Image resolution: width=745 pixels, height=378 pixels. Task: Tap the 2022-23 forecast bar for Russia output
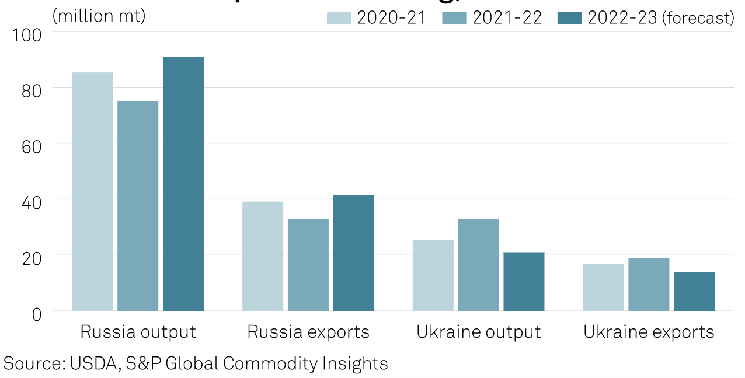183,184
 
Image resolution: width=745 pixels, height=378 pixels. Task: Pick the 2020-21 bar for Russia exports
263,256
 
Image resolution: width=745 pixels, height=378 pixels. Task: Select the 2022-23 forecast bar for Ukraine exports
694,291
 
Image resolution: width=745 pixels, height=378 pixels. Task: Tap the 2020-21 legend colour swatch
339,18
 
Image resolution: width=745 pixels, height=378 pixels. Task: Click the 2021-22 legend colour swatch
454,18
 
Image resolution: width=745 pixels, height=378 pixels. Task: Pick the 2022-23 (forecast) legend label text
661,18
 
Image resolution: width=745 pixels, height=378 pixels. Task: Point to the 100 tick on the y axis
27,35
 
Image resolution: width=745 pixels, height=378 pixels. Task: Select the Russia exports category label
308,332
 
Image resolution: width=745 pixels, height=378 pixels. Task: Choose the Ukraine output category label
479,332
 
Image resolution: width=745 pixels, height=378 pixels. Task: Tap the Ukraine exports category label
649,332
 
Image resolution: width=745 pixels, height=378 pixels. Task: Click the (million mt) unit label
99,16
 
